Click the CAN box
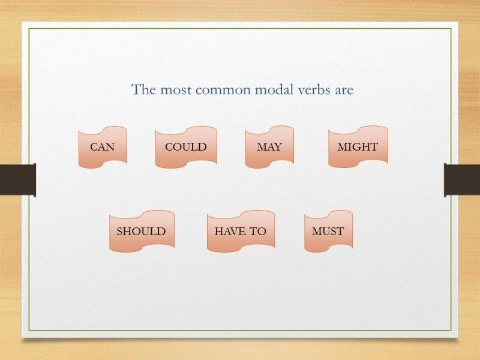coord(103,147)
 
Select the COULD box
coord(186,147)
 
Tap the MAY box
coord(269,147)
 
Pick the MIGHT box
coord(358,147)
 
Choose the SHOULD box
coord(142,231)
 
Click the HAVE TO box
coord(241,231)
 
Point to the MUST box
coord(328,231)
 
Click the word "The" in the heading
coord(143,89)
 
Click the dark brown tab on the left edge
coord(18,179)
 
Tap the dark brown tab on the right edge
coord(462,179)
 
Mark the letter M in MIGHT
coord(342,147)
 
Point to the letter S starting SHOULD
coord(119,231)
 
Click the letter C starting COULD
coord(169,147)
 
